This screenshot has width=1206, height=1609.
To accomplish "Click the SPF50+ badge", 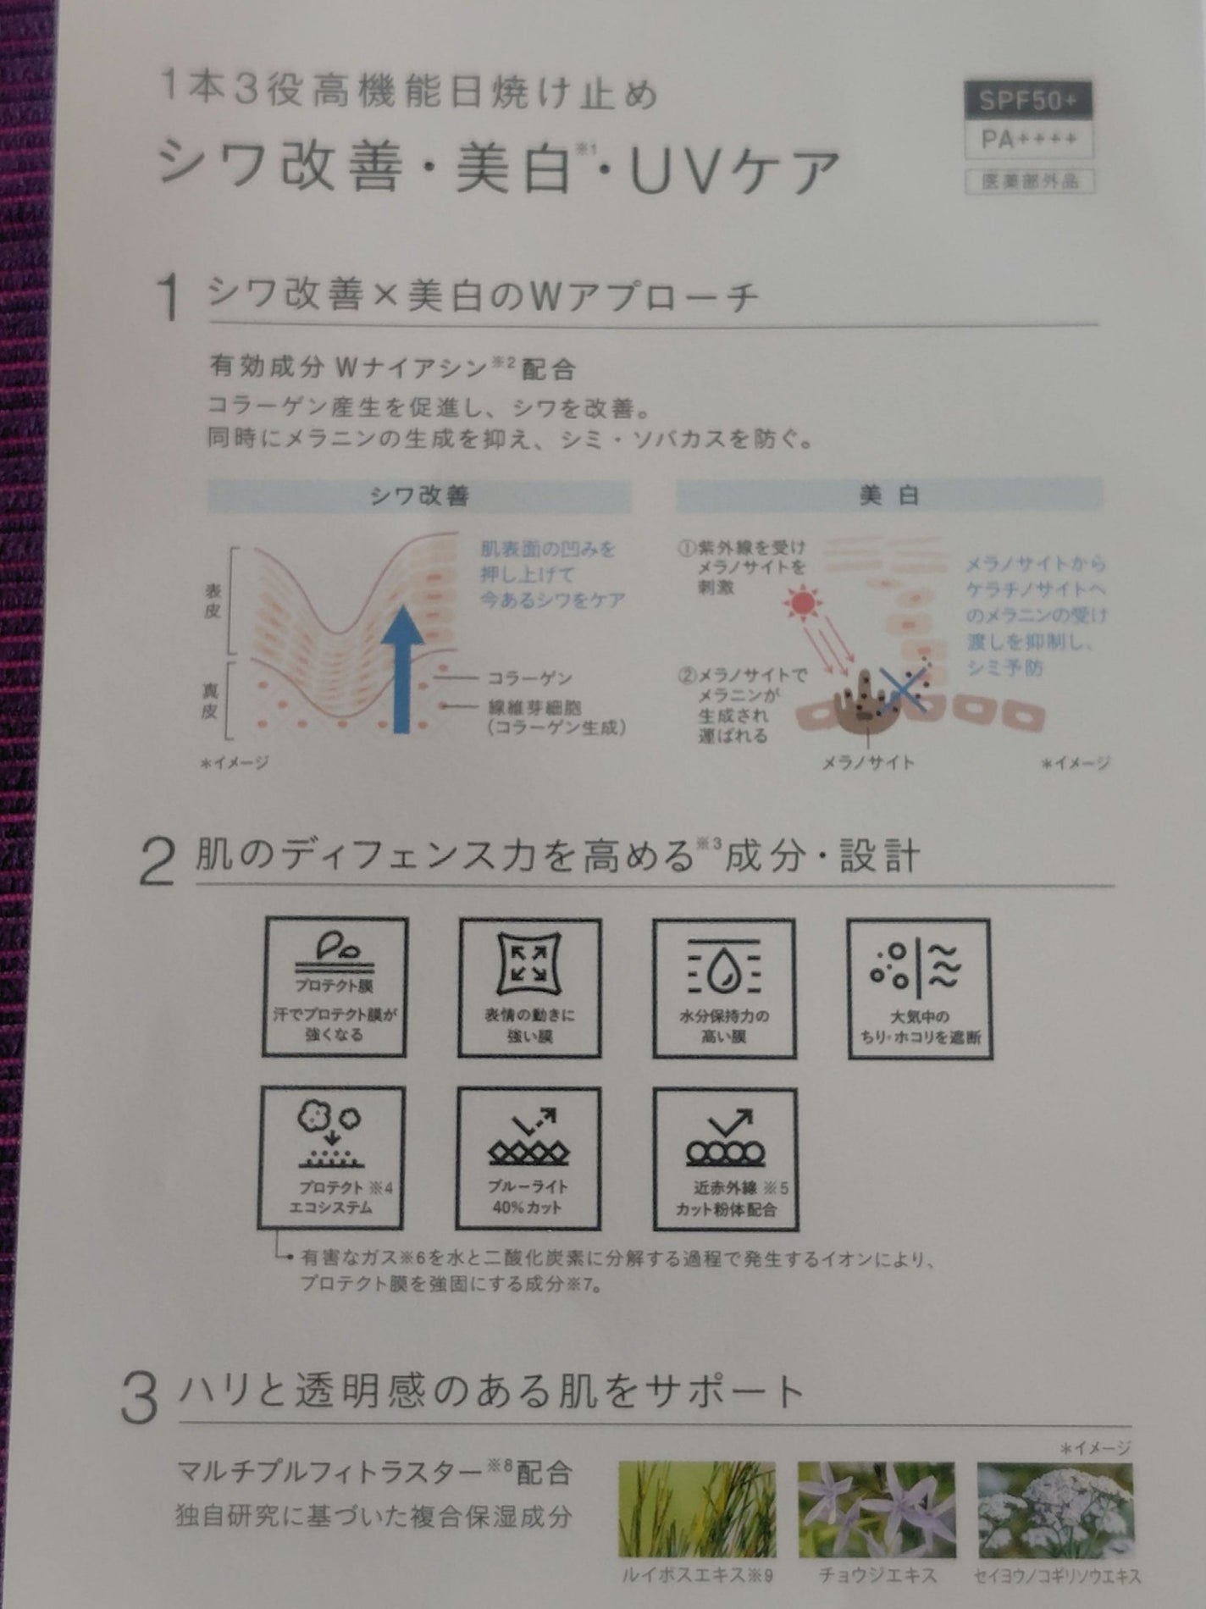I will [1028, 101].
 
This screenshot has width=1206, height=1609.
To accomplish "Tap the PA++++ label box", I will [1028, 140].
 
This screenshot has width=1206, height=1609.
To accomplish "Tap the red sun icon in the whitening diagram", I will [799, 603].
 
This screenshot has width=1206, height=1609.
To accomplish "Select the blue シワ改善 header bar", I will [419, 496].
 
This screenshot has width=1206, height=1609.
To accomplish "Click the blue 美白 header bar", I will [889, 495].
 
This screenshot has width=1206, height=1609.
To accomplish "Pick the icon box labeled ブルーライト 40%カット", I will [528, 1158].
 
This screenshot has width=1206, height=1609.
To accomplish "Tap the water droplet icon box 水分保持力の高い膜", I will [723, 988].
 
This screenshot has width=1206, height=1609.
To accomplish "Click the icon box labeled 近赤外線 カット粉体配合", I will [725, 1158].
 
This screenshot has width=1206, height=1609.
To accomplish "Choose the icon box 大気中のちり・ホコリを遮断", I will [919, 988].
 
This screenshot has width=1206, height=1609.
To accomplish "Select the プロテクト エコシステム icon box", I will [332, 1158].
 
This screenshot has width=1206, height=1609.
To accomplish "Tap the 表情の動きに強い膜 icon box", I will [529, 988].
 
